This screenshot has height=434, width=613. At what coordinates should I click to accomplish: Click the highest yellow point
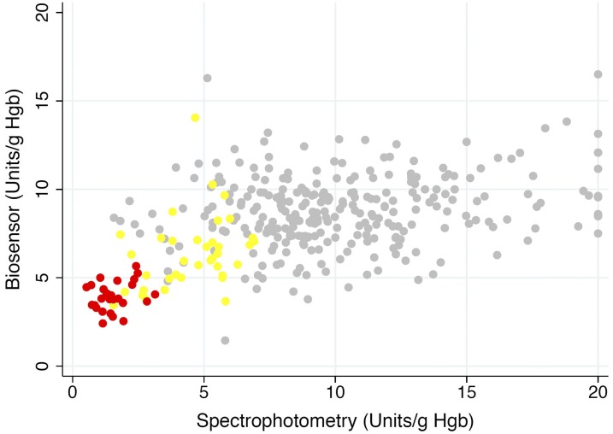click(195, 118)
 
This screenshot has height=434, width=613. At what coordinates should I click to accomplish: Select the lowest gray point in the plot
click(225, 340)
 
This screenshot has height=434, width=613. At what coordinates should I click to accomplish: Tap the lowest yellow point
click(226, 301)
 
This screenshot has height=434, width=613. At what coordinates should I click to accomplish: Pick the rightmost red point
click(155, 294)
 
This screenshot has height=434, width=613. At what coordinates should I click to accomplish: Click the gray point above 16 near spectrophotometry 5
click(207, 78)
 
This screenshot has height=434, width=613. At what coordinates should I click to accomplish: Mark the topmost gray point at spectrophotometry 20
click(598, 74)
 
